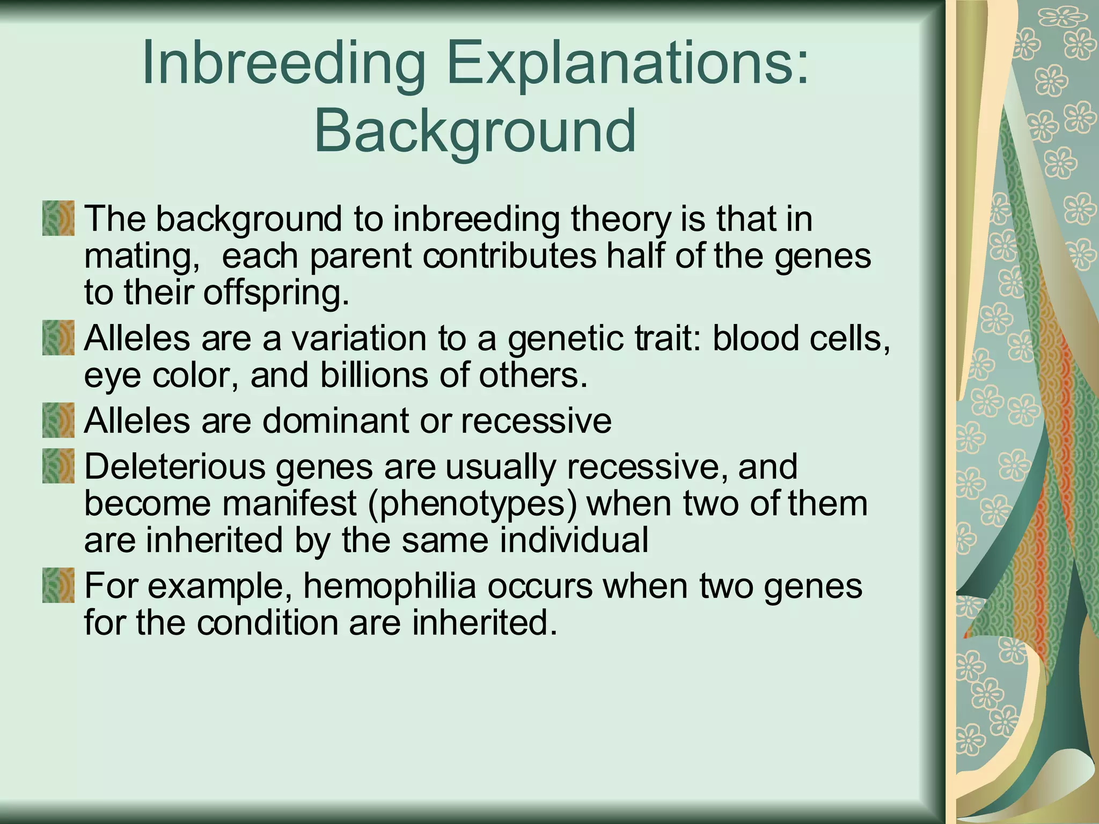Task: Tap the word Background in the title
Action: (474, 131)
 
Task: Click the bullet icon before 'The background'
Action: (58, 218)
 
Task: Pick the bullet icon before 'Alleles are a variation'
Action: (58, 338)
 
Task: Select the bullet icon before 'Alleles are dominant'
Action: (58, 421)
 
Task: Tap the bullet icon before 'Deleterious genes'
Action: (58, 466)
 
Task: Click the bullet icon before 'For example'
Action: (58, 586)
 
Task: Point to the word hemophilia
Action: (390, 586)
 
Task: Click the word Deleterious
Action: (174, 466)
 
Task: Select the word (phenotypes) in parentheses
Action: (472, 504)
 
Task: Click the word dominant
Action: (335, 421)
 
